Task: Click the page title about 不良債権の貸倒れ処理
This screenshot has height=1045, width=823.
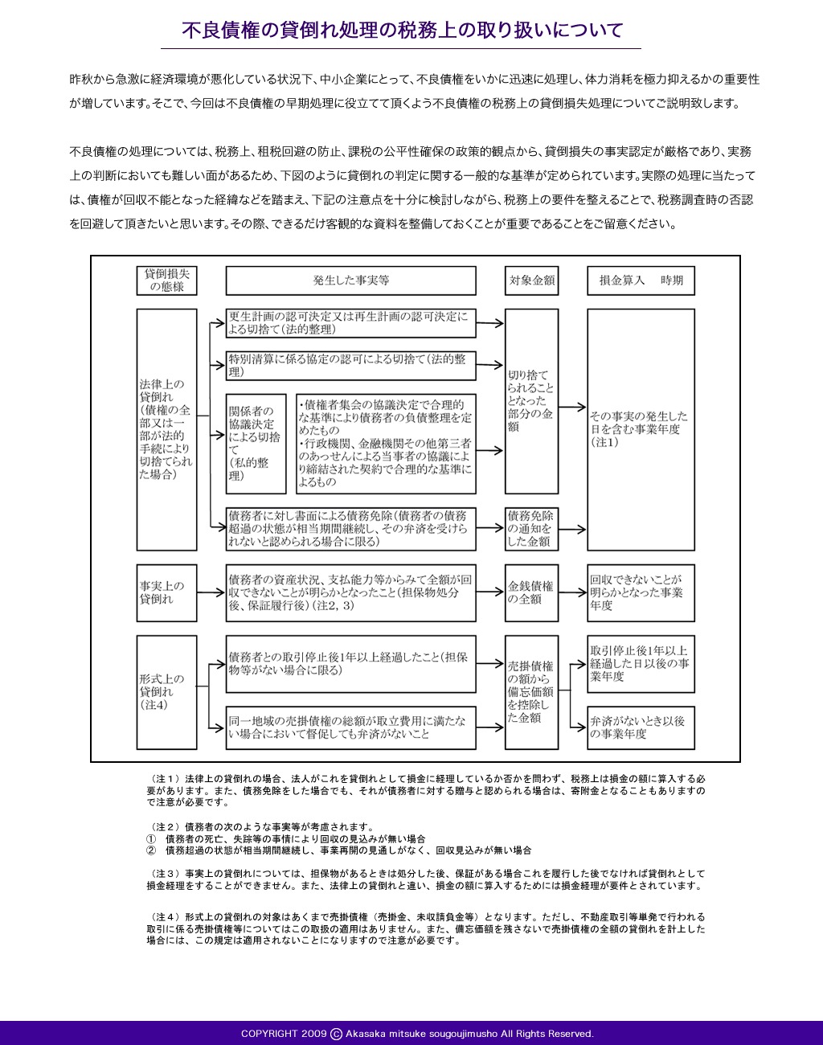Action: (x=403, y=30)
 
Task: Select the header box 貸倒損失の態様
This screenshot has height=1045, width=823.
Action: (x=166, y=281)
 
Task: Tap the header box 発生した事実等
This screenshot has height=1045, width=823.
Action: (x=350, y=281)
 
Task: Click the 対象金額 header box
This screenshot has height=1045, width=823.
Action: (x=532, y=281)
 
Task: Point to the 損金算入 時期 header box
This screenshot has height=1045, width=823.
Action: (x=641, y=281)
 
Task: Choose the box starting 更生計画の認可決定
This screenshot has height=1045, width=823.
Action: (x=350, y=323)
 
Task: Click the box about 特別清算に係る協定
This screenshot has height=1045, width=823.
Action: (x=350, y=366)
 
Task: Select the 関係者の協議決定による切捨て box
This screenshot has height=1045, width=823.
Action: (x=256, y=444)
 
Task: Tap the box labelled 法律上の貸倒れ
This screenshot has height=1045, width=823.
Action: (x=166, y=430)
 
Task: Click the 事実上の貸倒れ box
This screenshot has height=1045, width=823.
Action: (x=166, y=593)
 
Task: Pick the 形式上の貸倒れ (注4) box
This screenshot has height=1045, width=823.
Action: (x=166, y=692)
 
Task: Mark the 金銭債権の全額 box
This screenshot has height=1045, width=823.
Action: (x=532, y=593)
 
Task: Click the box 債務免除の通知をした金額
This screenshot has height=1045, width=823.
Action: (x=532, y=529)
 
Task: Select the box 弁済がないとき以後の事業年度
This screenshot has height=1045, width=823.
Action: (x=641, y=728)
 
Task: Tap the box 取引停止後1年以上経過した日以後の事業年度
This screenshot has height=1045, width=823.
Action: (x=641, y=664)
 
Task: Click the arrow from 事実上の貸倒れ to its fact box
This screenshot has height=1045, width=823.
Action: (x=211, y=592)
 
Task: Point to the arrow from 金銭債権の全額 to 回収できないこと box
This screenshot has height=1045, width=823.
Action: (x=573, y=592)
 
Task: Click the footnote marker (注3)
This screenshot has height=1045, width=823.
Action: (x=165, y=873)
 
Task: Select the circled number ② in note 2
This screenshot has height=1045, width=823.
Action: (x=151, y=850)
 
